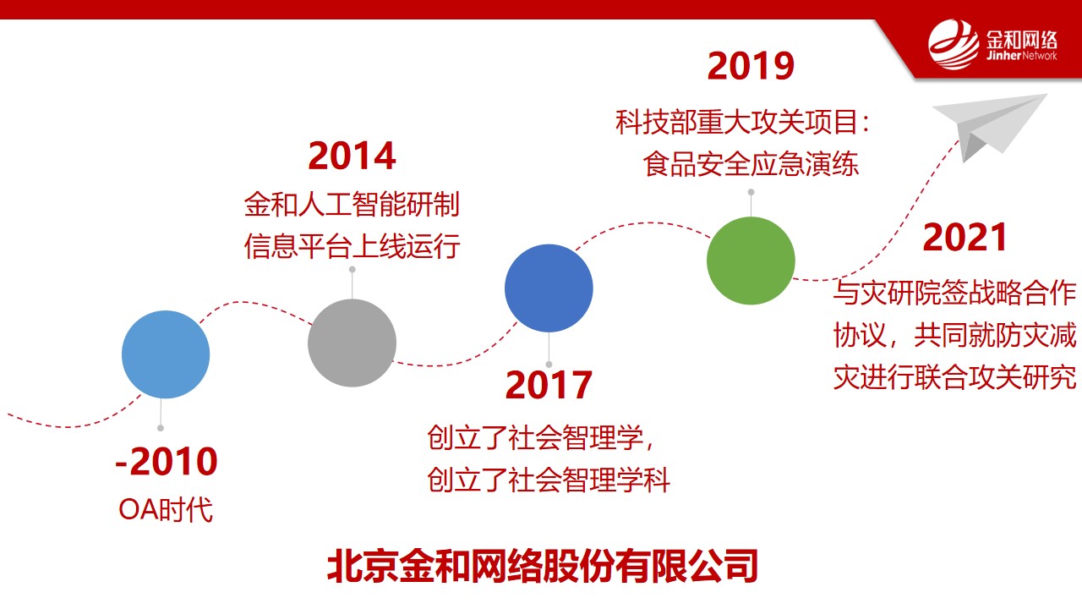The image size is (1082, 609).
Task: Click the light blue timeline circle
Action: coord(166,354)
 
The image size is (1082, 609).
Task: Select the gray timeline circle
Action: coord(352,343)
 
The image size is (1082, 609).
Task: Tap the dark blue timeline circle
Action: coord(549,288)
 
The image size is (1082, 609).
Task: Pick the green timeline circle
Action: coord(751,261)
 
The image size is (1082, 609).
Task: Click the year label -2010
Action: coord(167,462)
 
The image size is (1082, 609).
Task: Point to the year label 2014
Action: coord(352,156)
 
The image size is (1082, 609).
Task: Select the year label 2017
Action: coord(549,385)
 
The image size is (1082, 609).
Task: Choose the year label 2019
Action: coord(751,66)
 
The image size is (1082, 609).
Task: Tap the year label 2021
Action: coord(965,238)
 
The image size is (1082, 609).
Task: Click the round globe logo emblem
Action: coord(954,45)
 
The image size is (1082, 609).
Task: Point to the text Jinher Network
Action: coord(1021,56)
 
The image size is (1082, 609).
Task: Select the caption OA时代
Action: coord(166,509)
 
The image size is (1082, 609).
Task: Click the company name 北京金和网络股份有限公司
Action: coord(543,566)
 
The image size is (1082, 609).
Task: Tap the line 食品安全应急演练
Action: coord(751,164)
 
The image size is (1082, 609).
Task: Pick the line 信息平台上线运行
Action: coord(352,246)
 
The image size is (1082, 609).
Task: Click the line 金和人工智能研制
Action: coord(352,204)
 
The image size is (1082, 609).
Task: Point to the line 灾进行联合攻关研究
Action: coord(955,377)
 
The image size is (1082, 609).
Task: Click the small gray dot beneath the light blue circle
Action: coord(161,428)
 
